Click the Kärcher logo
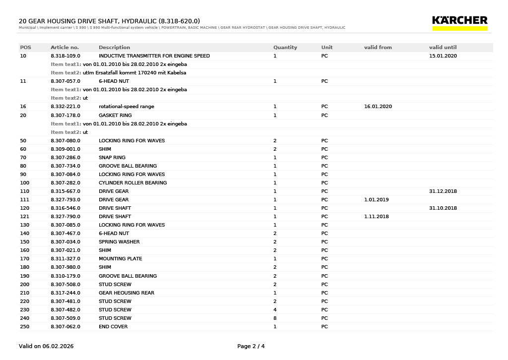coord(460,22)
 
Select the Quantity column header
coord(285,48)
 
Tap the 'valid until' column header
coord(443,48)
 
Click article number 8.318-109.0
coord(65,56)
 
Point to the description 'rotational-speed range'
coord(126,107)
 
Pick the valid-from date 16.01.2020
coord(378,107)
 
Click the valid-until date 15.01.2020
coord(443,56)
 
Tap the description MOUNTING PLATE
coord(120,259)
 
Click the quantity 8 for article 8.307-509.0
coord(275,318)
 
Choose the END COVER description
coord(113,327)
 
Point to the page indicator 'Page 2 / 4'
coord(251,346)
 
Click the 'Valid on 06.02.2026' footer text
coord(46,346)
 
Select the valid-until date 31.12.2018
coord(443,191)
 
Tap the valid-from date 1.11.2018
coord(376,217)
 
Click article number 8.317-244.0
coord(65,293)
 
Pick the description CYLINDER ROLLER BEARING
coord(132,183)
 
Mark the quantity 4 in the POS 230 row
coord(275,310)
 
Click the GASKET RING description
coord(115,116)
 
